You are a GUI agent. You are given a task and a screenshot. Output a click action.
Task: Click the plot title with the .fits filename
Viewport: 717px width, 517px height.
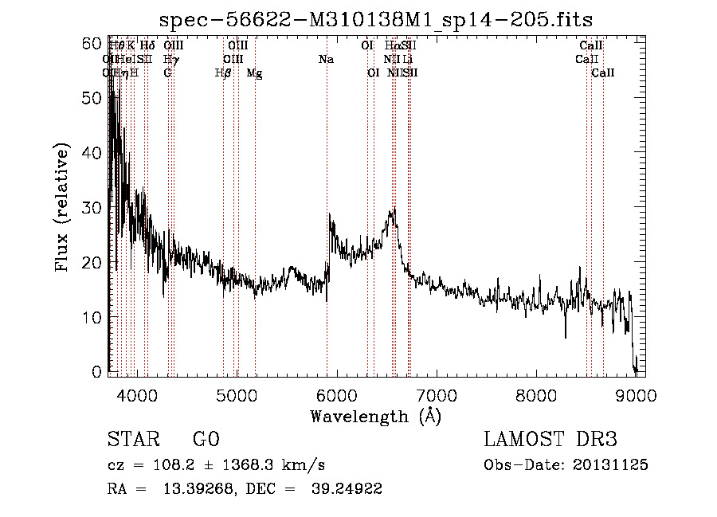(x=376, y=19)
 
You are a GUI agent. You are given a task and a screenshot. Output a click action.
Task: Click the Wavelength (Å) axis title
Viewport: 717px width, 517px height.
(x=375, y=416)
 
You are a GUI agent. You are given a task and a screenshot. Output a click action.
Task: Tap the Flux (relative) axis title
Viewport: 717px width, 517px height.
(x=63, y=208)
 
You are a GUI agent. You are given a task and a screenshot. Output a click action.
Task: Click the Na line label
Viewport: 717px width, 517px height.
(x=326, y=60)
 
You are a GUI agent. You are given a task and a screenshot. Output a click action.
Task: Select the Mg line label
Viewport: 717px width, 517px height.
(x=254, y=73)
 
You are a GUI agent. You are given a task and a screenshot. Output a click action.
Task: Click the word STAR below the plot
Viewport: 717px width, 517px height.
(x=130, y=440)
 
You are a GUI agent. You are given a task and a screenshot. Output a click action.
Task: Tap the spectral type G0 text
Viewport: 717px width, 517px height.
(x=206, y=440)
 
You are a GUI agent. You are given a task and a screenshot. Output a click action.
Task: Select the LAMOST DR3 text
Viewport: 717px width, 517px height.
(x=550, y=440)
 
